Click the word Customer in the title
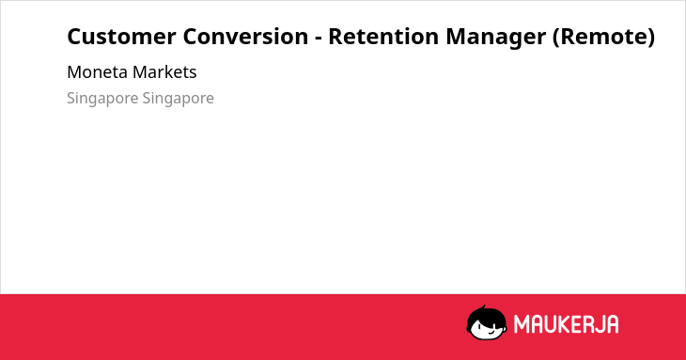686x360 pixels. pos(121,37)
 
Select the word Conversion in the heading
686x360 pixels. pos(245,37)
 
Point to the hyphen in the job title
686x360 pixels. pos(319,39)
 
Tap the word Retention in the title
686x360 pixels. pos(383,37)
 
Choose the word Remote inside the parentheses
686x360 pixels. pos(603,37)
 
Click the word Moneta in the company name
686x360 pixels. pos(97,72)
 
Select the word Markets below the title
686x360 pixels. pos(164,72)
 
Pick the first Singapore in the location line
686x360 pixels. pos(102,99)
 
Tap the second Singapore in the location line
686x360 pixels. pos(178,99)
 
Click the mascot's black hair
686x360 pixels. pos(485,316)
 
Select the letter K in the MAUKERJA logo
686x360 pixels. pos(563,324)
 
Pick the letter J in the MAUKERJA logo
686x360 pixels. pos(598,324)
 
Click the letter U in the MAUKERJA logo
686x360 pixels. pos(549,324)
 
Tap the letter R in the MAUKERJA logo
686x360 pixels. pos(586,324)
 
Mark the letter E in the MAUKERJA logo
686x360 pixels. pos(575,324)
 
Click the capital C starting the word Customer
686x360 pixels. pos(74,37)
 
